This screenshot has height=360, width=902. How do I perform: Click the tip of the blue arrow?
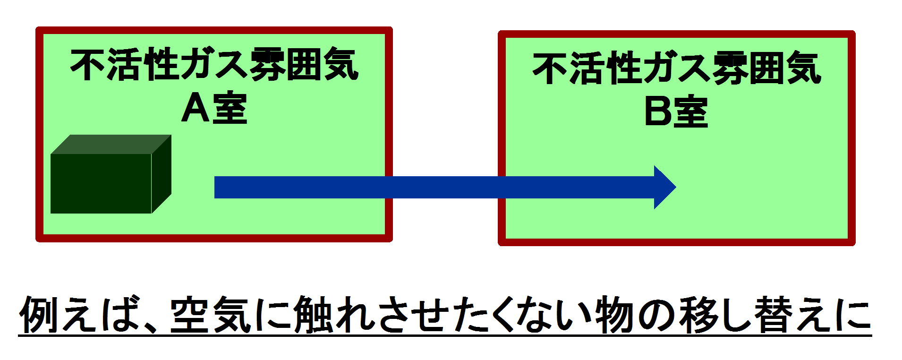point(676,187)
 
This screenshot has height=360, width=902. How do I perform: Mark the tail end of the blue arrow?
point(215,187)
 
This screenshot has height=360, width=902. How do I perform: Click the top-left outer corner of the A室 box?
point(36,27)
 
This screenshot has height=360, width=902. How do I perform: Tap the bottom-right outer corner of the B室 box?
point(855,245)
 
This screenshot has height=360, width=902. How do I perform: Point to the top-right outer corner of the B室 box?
point(855,31)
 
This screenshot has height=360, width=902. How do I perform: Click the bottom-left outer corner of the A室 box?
point(36,241)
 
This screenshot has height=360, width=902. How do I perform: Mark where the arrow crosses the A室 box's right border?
point(389,187)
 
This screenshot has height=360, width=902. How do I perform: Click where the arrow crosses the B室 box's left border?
point(502,187)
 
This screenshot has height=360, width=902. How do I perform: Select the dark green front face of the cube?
point(101,184)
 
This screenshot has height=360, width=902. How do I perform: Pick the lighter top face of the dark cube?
point(111,145)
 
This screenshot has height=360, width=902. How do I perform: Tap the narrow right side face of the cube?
point(162,174)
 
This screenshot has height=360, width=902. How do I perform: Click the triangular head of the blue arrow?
point(663,187)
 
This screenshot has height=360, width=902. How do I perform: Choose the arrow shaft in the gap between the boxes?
point(445,187)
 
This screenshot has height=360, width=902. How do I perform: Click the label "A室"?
point(214,108)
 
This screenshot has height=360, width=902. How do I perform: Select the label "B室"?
point(676,112)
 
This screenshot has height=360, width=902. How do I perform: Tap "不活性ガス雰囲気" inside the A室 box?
point(214,64)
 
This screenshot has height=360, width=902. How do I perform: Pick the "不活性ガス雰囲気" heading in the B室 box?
point(677,69)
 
